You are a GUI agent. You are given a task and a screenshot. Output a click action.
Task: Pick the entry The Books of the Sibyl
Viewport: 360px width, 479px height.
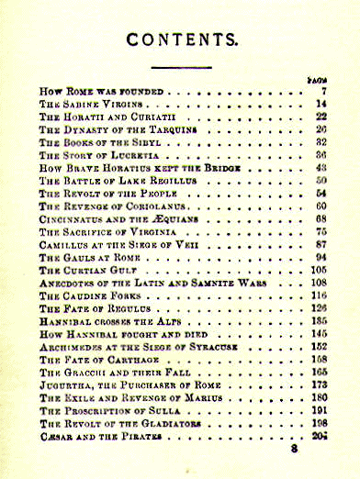[92, 144]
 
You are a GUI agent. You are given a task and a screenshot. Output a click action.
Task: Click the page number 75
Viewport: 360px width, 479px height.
[321, 233]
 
